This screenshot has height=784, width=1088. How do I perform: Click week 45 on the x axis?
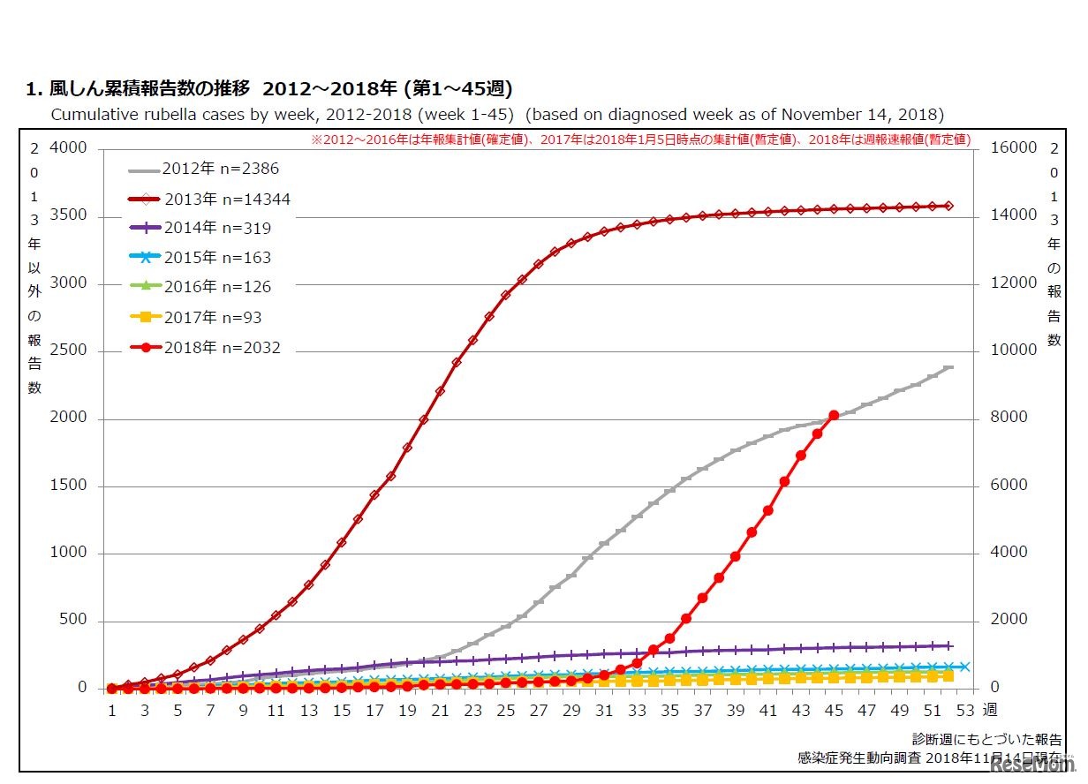834,711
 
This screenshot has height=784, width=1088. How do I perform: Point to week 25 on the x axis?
506,711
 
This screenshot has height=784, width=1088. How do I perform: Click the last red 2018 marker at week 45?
834,415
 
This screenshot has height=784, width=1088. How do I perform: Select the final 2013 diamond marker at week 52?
948,206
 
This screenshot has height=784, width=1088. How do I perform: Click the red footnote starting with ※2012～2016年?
640,139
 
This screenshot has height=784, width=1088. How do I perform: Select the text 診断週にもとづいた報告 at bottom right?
986,740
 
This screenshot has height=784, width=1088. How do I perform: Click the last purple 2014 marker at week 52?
948,645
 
